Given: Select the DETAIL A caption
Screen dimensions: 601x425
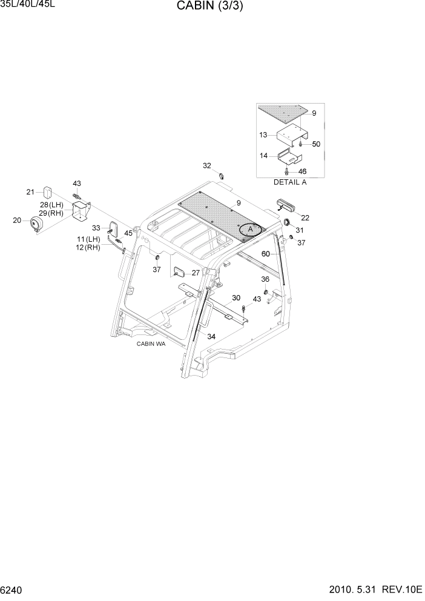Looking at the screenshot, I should point(290,182).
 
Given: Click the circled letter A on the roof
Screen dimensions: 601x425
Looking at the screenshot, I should point(249,230).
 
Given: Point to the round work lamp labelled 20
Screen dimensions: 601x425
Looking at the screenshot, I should point(36,225).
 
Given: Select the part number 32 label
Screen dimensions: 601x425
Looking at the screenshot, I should point(207,166).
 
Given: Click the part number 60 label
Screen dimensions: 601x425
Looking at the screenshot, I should point(265,254).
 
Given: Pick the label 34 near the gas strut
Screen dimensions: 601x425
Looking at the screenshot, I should point(211,336).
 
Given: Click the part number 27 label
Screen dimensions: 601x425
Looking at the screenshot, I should point(196,273).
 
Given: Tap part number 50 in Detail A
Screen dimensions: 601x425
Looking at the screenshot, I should point(316,144).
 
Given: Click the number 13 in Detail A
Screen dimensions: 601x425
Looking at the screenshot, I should point(263,134).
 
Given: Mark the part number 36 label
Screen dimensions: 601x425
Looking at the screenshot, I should point(265,279).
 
